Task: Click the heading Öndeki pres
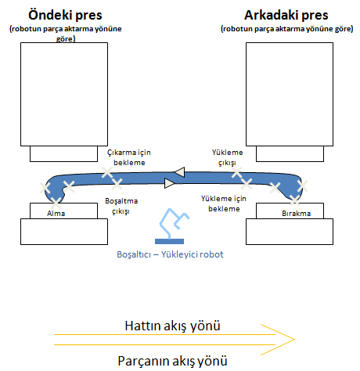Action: (x=65, y=15)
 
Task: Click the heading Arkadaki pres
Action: (x=286, y=15)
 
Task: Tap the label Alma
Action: (x=56, y=214)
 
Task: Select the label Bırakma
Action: (x=297, y=214)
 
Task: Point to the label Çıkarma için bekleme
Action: (x=129, y=157)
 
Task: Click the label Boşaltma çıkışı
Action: (x=121, y=206)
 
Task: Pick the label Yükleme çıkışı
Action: (x=227, y=157)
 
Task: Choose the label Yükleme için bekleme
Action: (x=224, y=204)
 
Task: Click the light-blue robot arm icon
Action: (x=174, y=223)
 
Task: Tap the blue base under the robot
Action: (x=169, y=241)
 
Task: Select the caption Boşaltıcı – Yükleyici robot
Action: (x=170, y=254)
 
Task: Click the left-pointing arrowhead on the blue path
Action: (x=179, y=172)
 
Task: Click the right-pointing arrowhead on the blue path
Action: (x=170, y=183)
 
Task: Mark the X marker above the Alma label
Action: (x=56, y=203)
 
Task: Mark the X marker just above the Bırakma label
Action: (x=294, y=200)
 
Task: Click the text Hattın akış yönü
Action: (x=172, y=326)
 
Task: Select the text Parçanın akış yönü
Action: (x=172, y=361)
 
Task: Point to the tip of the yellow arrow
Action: (x=295, y=340)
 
